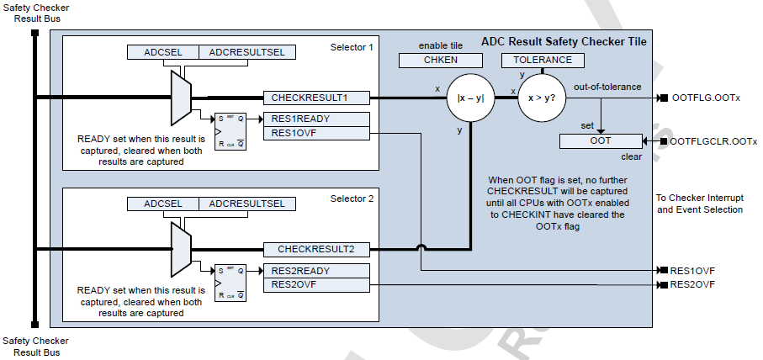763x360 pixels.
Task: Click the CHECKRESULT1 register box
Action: tap(315, 98)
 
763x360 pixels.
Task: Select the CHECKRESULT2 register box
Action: tap(315, 249)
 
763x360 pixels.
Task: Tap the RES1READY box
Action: tap(315, 119)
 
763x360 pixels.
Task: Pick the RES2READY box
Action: tap(315, 271)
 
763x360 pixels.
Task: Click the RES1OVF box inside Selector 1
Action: tap(315, 133)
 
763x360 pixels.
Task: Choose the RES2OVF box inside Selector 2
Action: tap(315, 285)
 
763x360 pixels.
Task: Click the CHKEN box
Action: tap(440, 61)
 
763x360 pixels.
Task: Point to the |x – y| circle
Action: tap(469, 98)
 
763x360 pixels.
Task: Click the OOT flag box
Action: tap(601, 141)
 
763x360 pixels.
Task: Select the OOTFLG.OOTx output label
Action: tap(707, 98)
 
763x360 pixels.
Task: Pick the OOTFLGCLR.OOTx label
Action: tap(714, 142)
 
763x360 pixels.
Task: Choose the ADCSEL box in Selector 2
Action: tap(163, 204)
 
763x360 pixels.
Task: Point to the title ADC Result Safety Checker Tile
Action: tap(564, 41)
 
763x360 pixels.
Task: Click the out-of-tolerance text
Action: tap(607, 87)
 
